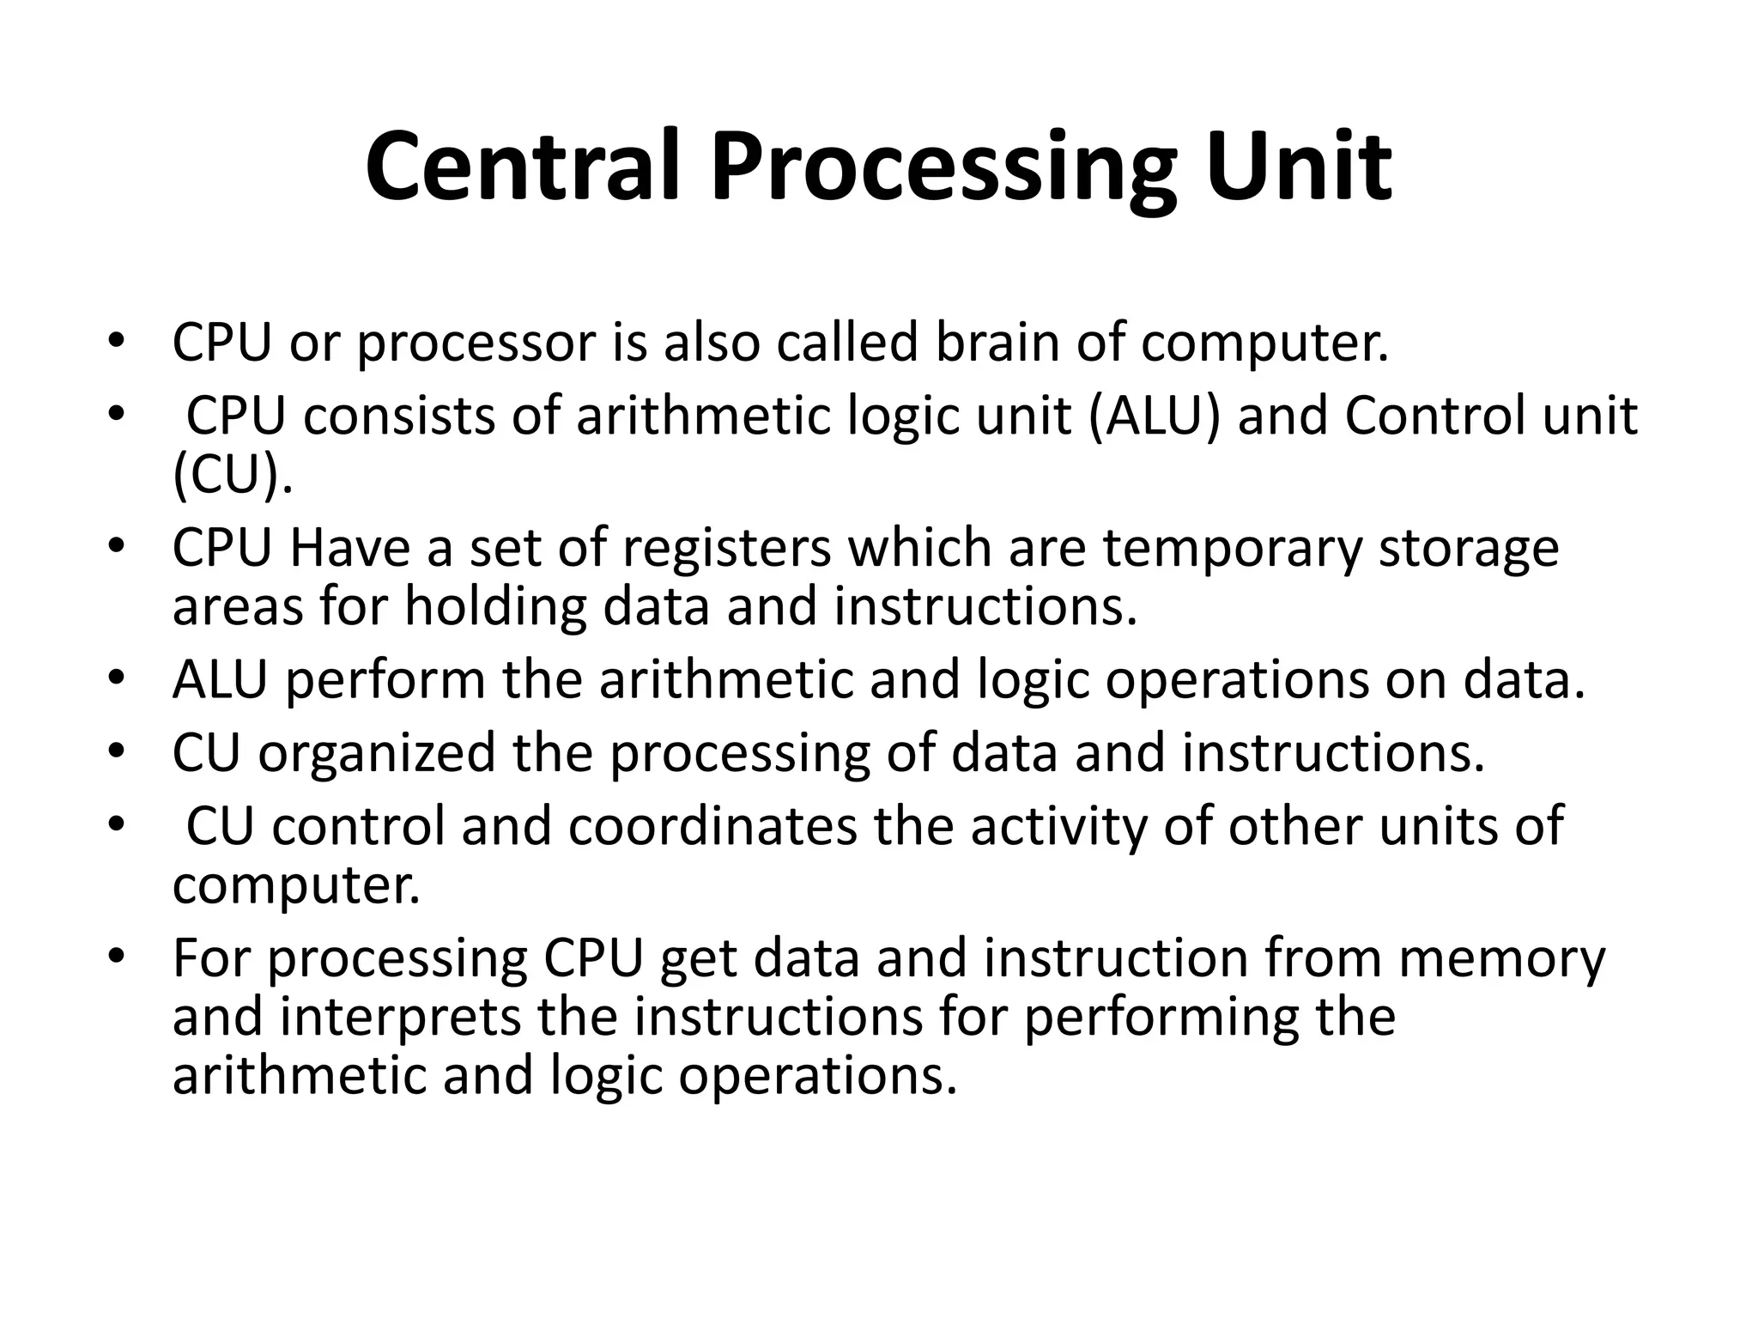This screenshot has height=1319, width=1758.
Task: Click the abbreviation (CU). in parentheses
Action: pyautogui.click(x=233, y=474)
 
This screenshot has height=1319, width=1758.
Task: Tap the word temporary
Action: pyautogui.click(x=1232, y=550)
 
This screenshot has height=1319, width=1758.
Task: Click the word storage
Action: pyautogui.click(x=1469, y=550)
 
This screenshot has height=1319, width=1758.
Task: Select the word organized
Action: pyautogui.click(x=377, y=754)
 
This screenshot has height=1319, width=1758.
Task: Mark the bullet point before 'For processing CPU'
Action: pyautogui.click(x=117, y=956)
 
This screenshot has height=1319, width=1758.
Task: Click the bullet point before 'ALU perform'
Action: pyautogui.click(x=117, y=678)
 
